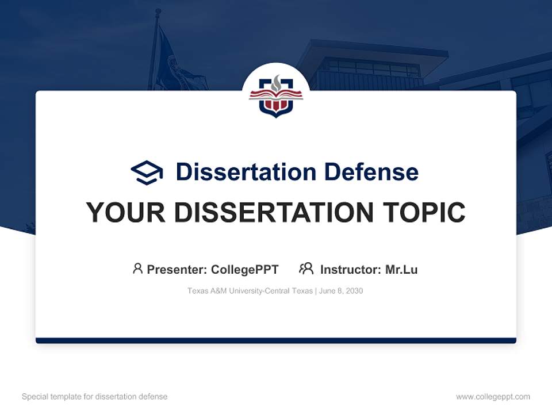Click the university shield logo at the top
point(276,95)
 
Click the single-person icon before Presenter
point(137,269)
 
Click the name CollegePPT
point(245,270)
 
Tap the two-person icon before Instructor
point(306,269)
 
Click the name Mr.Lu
point(401,270)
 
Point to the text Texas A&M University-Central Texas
point(250,291)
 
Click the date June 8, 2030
point(341,291)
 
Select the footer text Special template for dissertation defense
point(95,397)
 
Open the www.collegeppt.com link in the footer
point(493,397)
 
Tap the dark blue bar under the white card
point(276,340)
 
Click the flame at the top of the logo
point(276,82)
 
